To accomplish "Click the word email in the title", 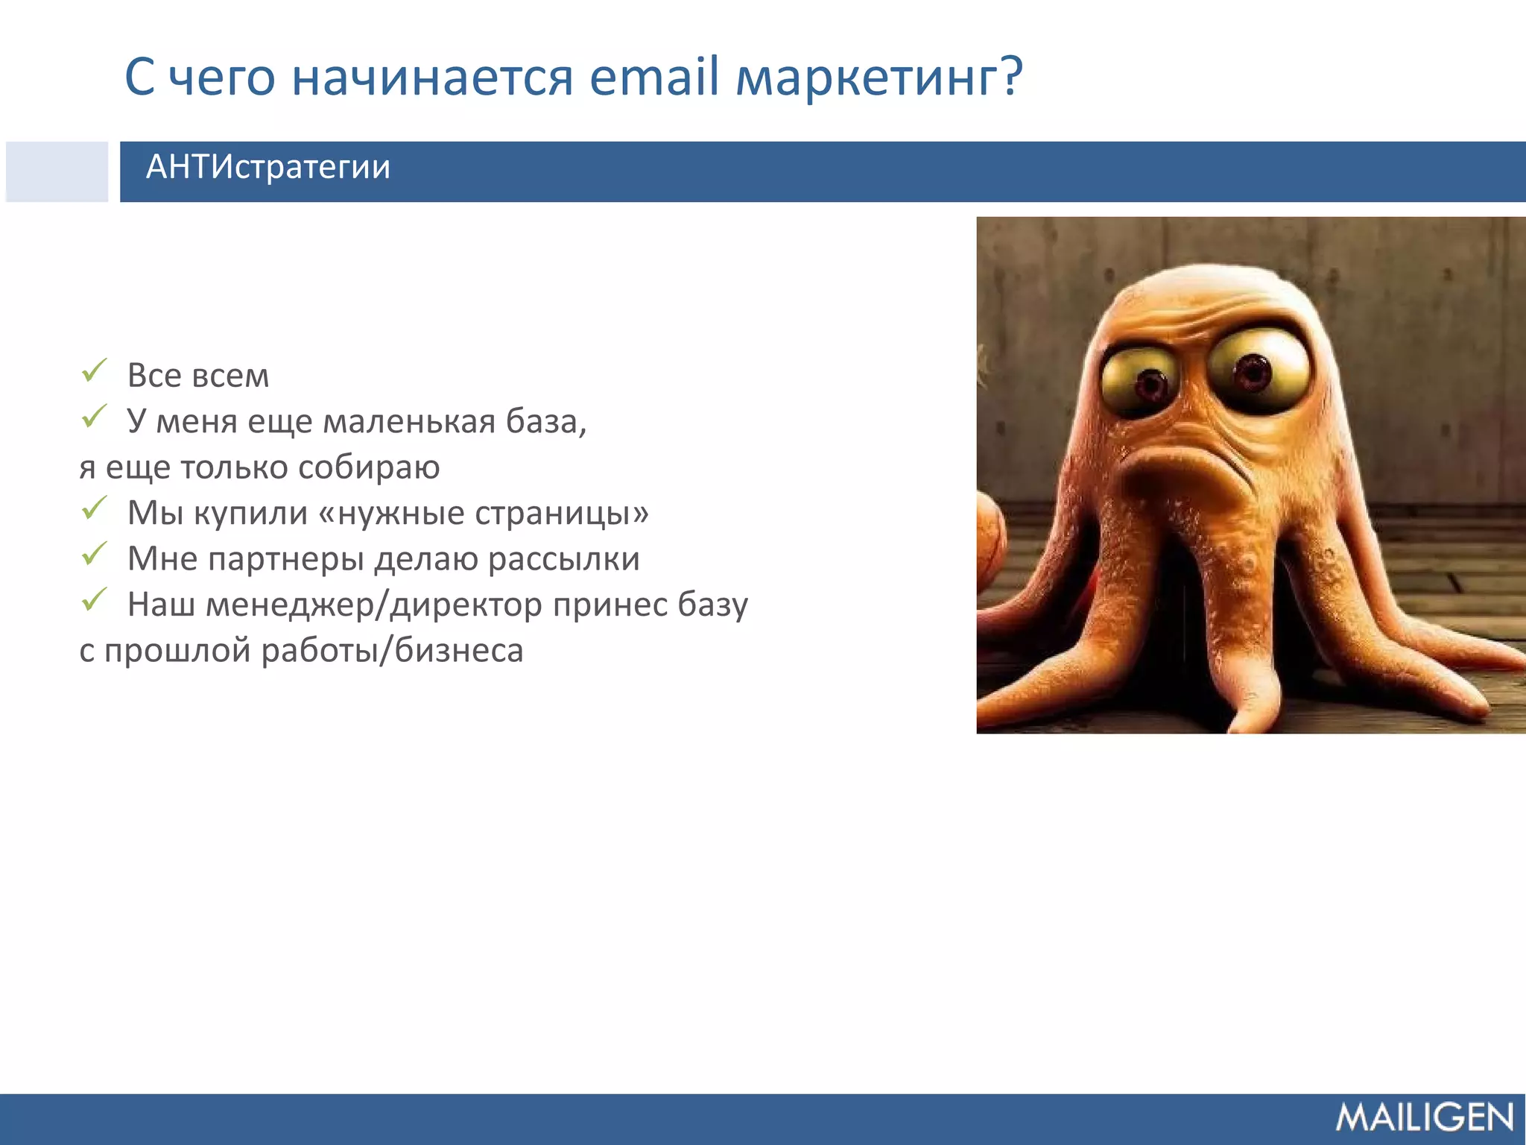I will click(x=654, y=77).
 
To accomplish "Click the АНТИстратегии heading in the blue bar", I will click(x=268, y=167).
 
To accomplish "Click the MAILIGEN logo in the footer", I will click(x=1424, y=1117).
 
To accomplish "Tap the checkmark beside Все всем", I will click(x=95, y=370).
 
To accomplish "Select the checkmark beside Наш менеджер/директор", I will click(x=95, y=599).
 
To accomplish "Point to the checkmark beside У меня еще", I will click(x=95, y=416).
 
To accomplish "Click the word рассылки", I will click(x=564, y=559).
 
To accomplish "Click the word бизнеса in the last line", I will click(x=459, y=651).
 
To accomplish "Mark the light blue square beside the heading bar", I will click(x=57, y=171).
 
